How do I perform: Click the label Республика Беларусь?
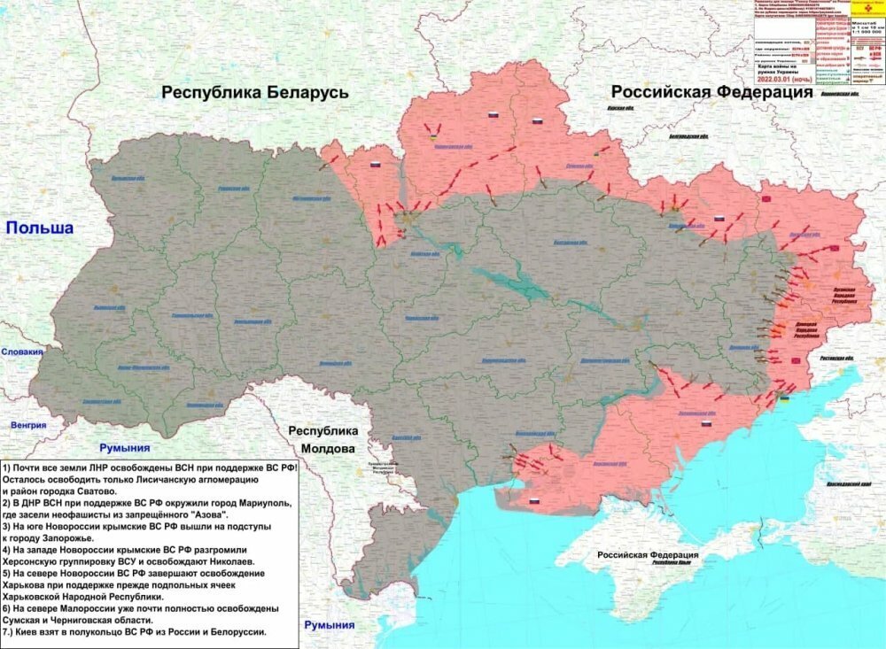254,93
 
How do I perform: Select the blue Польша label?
39,228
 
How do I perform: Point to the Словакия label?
21,352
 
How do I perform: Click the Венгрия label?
28,425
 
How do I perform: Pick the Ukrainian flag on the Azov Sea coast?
784,399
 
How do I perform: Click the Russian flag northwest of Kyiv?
375,165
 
